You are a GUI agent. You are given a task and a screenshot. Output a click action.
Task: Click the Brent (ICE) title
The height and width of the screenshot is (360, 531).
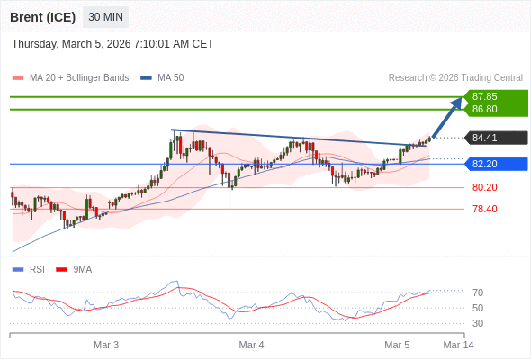point(43,17)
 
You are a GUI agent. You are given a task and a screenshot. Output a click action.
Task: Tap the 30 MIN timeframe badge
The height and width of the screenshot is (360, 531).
point(106,17)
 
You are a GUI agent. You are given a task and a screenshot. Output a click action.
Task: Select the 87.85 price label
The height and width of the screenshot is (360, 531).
point(485,96)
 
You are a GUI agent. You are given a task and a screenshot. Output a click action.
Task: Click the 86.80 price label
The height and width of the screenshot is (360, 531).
point(485,109)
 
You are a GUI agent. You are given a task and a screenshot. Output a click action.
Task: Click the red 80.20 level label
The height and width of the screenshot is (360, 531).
point(485,187)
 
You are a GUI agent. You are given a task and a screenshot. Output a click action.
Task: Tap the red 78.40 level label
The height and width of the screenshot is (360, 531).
point(485,209)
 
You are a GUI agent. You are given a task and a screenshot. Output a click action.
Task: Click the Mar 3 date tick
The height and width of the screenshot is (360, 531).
point(106,345)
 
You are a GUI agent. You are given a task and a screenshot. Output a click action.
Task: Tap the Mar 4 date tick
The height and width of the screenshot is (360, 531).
point(251,345)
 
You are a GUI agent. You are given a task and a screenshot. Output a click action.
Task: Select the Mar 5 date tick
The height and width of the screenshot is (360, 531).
point(397,345)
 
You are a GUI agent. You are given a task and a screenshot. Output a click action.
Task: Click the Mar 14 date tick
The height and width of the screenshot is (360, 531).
point(458,345)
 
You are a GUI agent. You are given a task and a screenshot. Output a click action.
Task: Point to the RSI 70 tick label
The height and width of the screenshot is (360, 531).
point(478,292)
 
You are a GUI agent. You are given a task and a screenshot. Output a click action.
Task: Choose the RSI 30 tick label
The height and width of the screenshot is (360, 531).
point(478,323)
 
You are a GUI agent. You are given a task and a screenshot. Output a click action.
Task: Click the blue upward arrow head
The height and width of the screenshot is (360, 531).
point(458,102)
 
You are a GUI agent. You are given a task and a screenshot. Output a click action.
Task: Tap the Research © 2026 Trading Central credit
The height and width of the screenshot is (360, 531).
point(455,77)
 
